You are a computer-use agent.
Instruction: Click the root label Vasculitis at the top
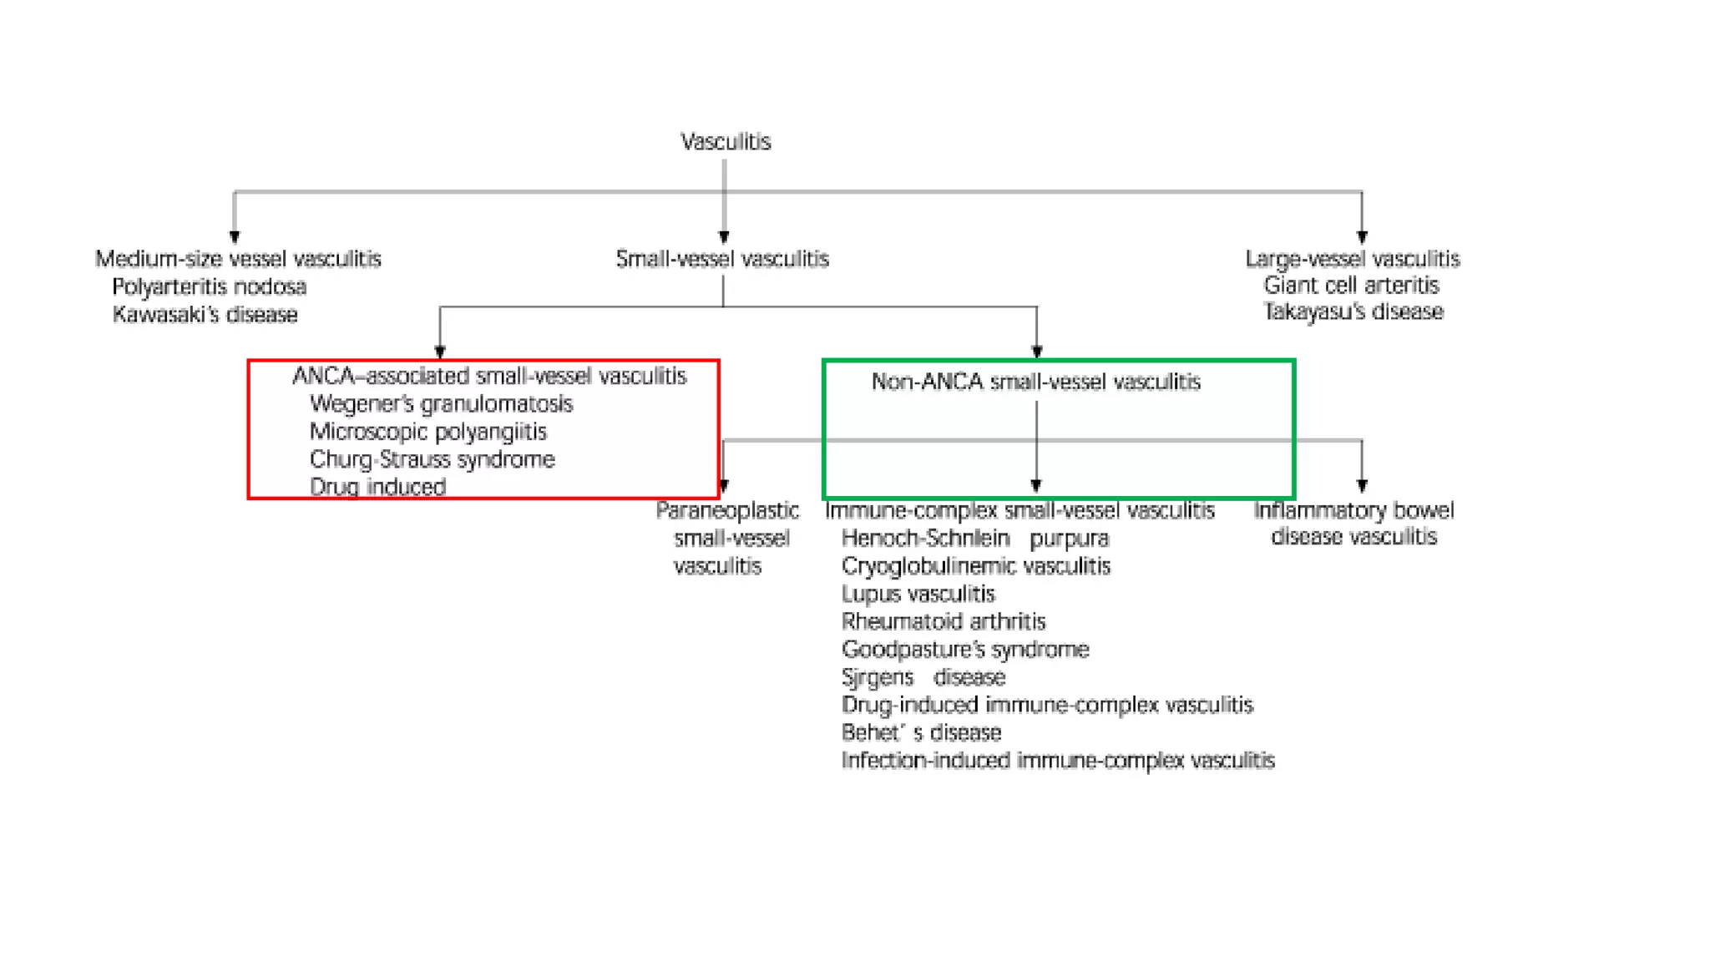point(726,142)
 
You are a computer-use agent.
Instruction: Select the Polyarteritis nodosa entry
point(209,287)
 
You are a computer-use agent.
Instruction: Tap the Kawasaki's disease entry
point(205,315)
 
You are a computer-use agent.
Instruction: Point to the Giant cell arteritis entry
point(1351,286)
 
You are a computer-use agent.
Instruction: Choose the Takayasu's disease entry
point(1353,312)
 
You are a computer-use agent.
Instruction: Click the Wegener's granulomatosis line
point(441,404)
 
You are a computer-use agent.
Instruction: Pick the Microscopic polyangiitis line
point(427,432)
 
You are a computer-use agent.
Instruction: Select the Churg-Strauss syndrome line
point(432,459)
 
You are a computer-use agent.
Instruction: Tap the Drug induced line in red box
point(377,487)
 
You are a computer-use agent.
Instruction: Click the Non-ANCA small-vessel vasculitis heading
point(1035,382)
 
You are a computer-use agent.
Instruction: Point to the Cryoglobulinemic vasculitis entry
point(975,566)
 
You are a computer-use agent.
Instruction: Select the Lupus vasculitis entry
point(918,594)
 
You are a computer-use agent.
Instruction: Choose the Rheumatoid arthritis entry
point(943,621)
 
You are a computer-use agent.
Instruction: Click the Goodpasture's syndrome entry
point(964,649)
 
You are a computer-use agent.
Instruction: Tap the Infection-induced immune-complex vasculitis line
point(1057,760)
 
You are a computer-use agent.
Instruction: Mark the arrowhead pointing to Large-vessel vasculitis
point(1362,237)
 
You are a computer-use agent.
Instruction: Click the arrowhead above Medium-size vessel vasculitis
point(235,237)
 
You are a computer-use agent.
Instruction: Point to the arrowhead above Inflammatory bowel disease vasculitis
point(1362,486)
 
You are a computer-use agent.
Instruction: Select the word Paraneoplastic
point(726,510)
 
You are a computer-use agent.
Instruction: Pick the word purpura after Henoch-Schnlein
point(1069,539)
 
